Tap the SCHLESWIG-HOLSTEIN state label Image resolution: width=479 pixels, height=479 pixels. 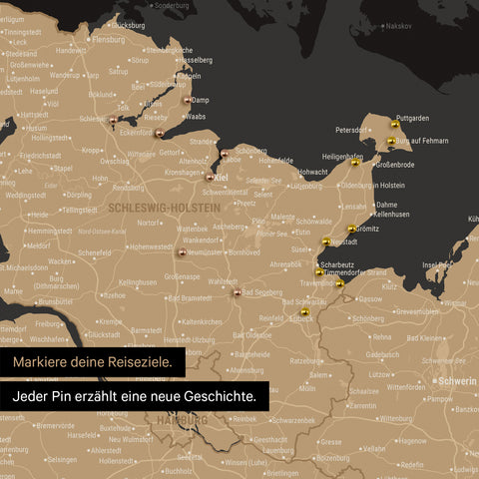click(161, 207)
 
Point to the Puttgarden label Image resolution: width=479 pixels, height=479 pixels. click(410, 118)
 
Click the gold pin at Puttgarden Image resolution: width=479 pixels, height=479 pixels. click(396, 126)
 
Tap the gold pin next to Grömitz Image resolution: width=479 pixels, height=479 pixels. click(351, 230)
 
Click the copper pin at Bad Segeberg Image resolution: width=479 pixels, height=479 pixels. click(237, 292)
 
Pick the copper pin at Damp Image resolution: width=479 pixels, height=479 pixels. click(187, 99)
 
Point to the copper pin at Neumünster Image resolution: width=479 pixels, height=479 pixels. click(181, 253)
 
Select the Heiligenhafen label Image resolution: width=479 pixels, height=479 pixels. click(342, 157)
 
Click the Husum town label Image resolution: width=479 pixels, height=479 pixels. click(37, 128)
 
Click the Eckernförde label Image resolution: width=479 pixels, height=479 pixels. click(136, 132)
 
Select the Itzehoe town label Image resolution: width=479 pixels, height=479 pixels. click(114, 295)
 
